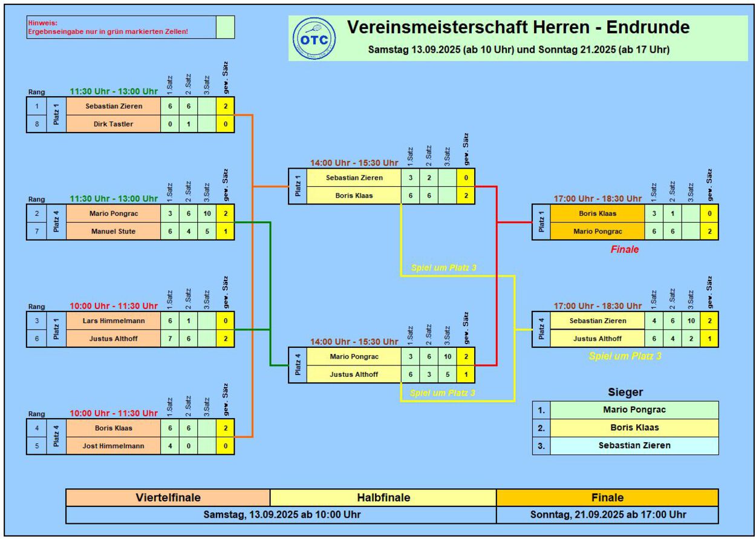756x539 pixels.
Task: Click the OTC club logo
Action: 314,39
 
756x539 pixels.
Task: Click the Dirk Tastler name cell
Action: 114,124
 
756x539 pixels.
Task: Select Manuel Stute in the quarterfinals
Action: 114,231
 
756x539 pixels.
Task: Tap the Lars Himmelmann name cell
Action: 114,321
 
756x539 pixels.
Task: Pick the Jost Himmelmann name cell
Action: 114,446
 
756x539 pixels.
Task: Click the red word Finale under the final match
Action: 625,249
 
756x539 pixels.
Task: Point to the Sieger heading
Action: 625,392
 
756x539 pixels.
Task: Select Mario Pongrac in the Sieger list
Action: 634,410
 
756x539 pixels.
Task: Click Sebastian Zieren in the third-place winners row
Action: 634,445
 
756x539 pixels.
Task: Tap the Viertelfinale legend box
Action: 168,497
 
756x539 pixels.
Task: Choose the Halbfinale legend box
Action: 383,497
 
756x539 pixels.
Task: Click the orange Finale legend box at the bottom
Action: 607,497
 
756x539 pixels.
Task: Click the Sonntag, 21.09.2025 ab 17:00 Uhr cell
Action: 607,515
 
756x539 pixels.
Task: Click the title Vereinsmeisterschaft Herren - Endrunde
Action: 518,27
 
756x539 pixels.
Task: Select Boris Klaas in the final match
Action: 598,214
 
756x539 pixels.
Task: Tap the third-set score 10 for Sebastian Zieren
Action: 691,321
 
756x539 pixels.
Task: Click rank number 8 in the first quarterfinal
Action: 37,124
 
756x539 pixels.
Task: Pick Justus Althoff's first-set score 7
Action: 170,339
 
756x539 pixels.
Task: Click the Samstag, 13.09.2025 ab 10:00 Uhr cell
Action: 282,515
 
